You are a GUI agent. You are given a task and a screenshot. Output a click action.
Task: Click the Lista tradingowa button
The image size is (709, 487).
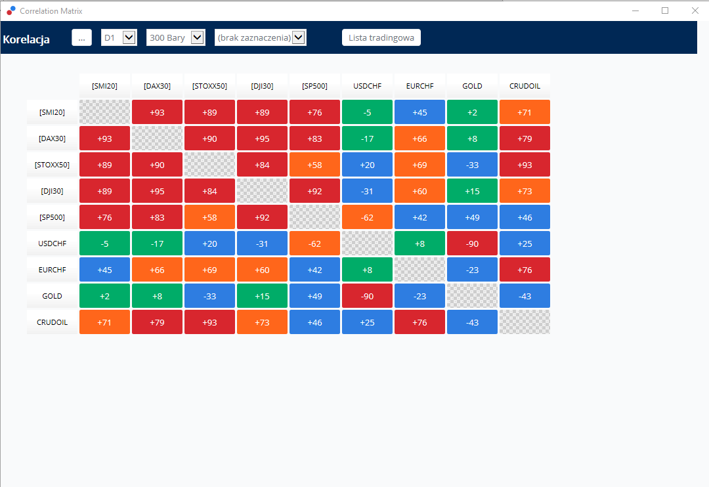coord(381,37)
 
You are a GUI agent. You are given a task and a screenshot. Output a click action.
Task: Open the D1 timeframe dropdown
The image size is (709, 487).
coord(119,37)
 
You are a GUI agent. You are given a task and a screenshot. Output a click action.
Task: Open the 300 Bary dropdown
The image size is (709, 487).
coord(175,37)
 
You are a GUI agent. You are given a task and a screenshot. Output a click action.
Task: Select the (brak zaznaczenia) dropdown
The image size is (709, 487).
coord(261,37)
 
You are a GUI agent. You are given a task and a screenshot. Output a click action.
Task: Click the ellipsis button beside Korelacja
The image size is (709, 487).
coord(82,37)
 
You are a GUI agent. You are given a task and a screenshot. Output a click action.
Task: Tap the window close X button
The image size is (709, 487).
coord(695,11)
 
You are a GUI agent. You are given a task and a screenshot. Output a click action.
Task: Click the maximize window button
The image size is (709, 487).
coord(664,11)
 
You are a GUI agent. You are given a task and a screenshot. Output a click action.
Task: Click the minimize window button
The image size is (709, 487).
coord(635,11)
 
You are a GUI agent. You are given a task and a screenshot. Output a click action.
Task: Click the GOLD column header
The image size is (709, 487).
coord(472,86)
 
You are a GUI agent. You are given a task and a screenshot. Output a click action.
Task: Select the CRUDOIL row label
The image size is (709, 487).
coord(52,322)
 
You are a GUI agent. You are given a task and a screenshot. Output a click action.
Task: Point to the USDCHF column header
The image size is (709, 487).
coord(367,86)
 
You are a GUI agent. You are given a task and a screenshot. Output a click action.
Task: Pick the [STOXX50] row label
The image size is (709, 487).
coord(52,165)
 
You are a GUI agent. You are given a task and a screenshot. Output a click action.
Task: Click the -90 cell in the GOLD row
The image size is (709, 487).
coord(367,296)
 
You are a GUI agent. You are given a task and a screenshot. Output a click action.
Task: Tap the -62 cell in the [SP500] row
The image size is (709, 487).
coord(367,217)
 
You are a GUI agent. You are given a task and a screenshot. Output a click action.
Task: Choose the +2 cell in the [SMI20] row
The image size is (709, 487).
coord(472,112)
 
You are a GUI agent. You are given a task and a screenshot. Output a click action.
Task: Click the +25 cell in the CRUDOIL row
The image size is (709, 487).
coord(367,322)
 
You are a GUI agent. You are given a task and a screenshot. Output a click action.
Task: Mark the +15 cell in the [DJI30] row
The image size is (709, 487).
coord(472,191)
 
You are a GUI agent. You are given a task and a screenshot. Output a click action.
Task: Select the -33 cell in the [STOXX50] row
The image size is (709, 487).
coord(472,165)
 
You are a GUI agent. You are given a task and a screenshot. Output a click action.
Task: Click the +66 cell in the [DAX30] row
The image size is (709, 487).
coord(419,138)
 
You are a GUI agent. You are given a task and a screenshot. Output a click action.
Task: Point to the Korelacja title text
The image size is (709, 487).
coord(26,39)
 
